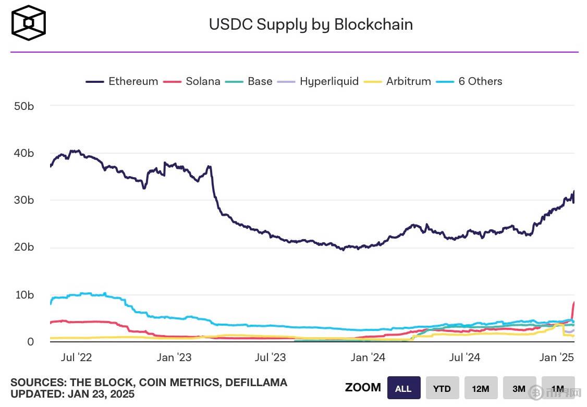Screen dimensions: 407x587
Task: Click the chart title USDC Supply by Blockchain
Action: (311, 24)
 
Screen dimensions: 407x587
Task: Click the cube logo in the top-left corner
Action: (29, 23)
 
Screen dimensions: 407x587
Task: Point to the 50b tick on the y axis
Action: (23, 106)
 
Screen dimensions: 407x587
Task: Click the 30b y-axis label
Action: (23, 200)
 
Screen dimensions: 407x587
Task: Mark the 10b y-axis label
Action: (23, 294)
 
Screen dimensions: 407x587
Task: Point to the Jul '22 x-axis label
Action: (77, 357)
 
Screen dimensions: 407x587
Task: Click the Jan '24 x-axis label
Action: (368, 357)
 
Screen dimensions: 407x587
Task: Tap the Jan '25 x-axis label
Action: (556, 357)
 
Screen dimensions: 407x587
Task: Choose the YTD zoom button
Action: (442, 388)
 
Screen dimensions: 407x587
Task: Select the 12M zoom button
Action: (481, 388)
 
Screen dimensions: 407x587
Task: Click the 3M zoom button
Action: (519, 388)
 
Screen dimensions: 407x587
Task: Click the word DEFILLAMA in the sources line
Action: (256, 383)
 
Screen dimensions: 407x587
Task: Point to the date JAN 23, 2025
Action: (101, 394)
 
